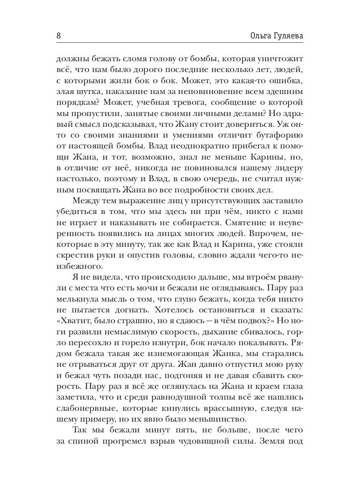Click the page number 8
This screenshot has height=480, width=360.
(x=58, y=35)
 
